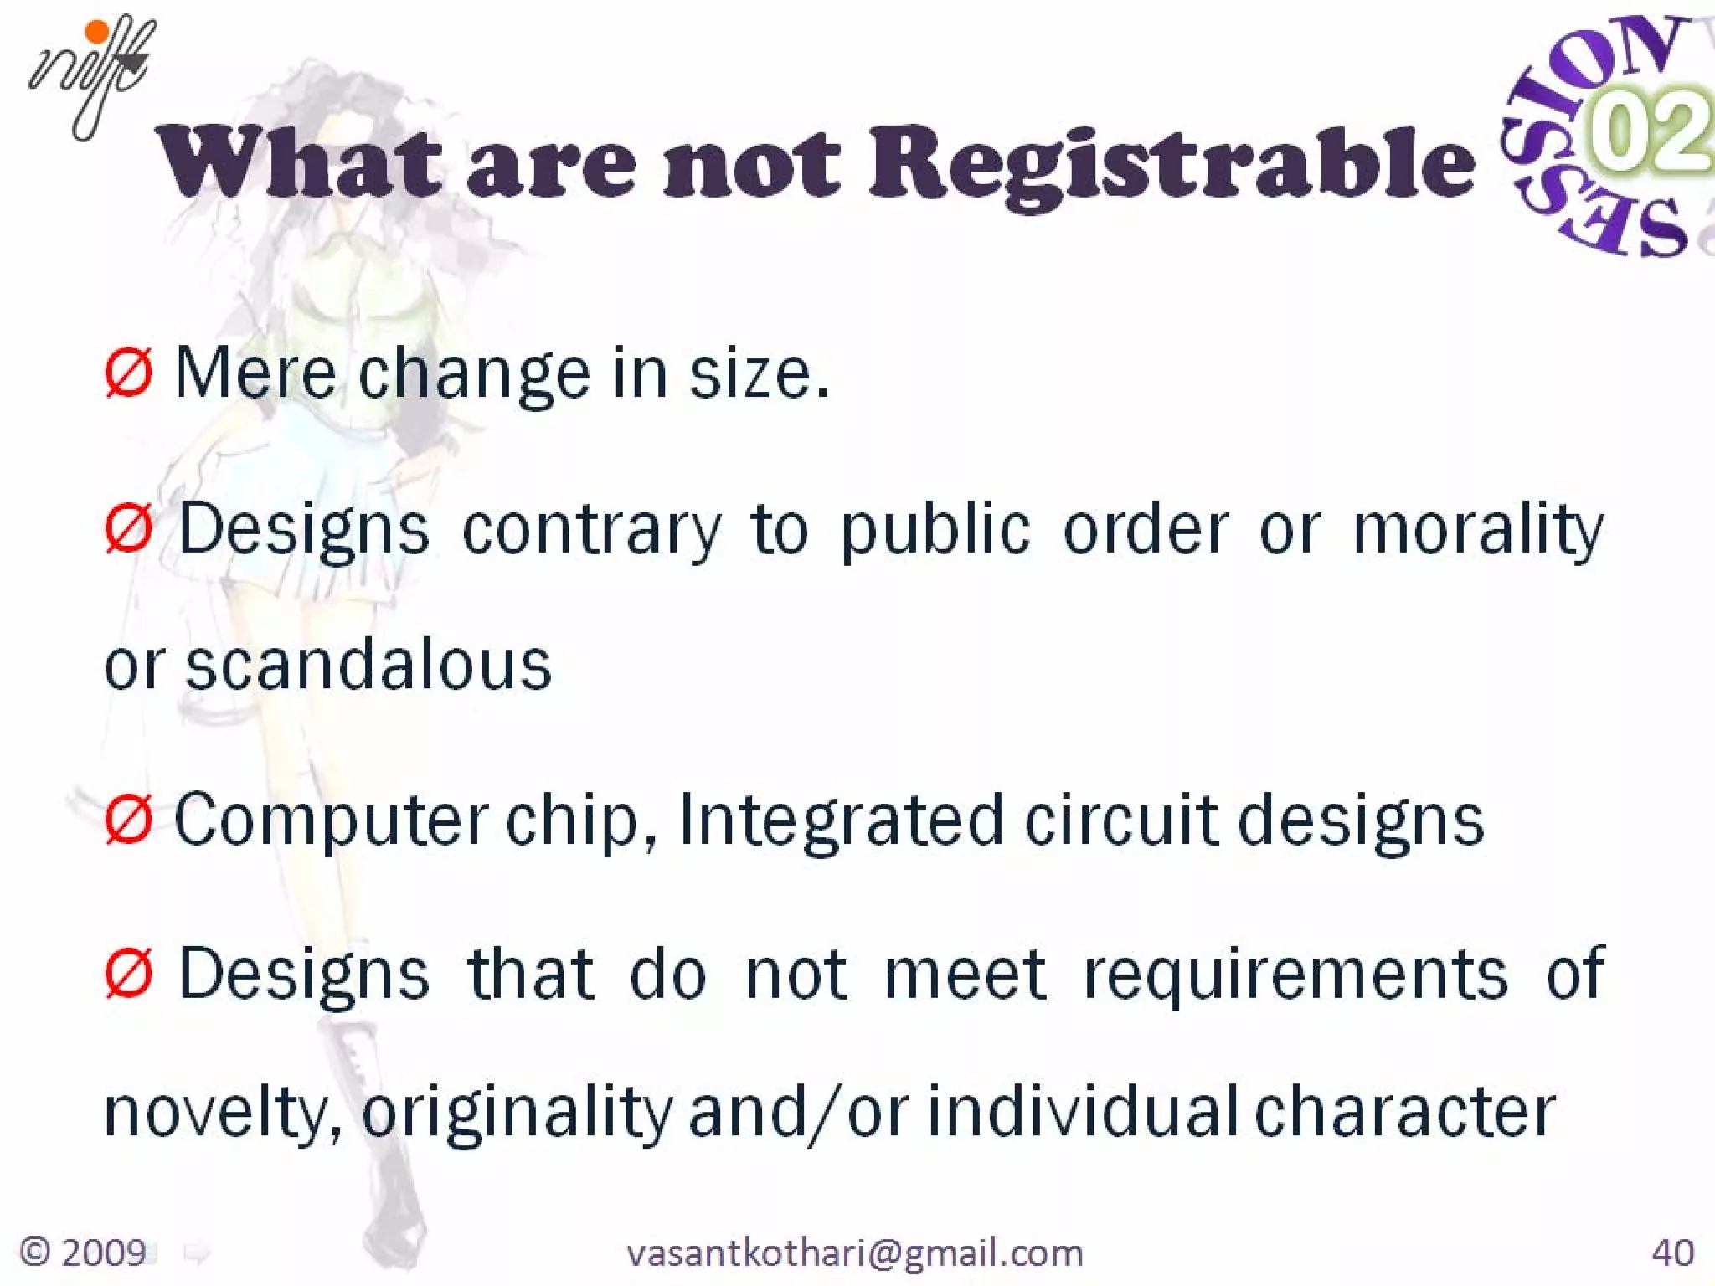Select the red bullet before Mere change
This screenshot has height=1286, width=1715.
click(x=128, y=373)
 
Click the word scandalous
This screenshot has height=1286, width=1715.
click(x=368, y=666)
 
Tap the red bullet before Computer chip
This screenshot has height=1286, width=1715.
click(x=128, y=820)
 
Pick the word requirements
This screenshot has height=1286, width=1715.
click(x=1295, y=975)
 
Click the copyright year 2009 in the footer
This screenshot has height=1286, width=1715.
click(x=103, y=1253)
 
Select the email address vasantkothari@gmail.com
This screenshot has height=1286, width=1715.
click(x=855, y=1253)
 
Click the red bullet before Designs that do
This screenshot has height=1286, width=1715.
click(x=128, y=974)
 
